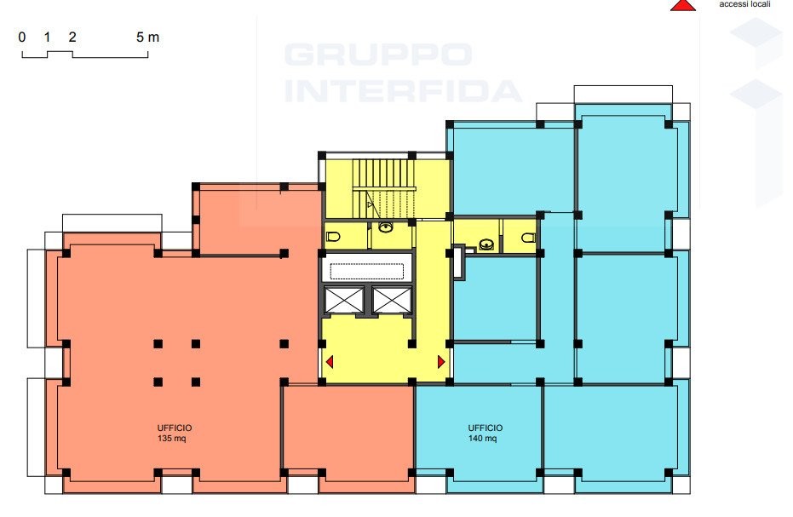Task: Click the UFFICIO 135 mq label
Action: [175, 433]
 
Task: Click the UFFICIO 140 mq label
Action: [485, 433]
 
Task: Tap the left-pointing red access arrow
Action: [330, 362]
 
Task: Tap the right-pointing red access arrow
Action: [441, 362]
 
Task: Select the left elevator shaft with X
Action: [344, 300]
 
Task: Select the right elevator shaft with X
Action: [392, 300]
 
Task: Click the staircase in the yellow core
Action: [384, 189]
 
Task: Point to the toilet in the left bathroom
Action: [333, 236]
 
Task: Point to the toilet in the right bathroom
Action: [528, 238]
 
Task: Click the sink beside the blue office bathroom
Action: [486, 244]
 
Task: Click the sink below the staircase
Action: [386, 227]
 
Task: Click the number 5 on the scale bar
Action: [140, 37]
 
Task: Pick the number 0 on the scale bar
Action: [22, 37]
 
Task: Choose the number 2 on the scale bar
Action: [72, 37]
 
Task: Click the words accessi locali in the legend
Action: [744, 4]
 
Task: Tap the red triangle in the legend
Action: [683, 5]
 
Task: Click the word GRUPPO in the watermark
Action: [378, 55]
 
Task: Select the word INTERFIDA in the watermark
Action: [403, 91]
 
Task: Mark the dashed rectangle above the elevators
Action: [367, 272]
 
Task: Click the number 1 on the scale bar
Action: [47, 37]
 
